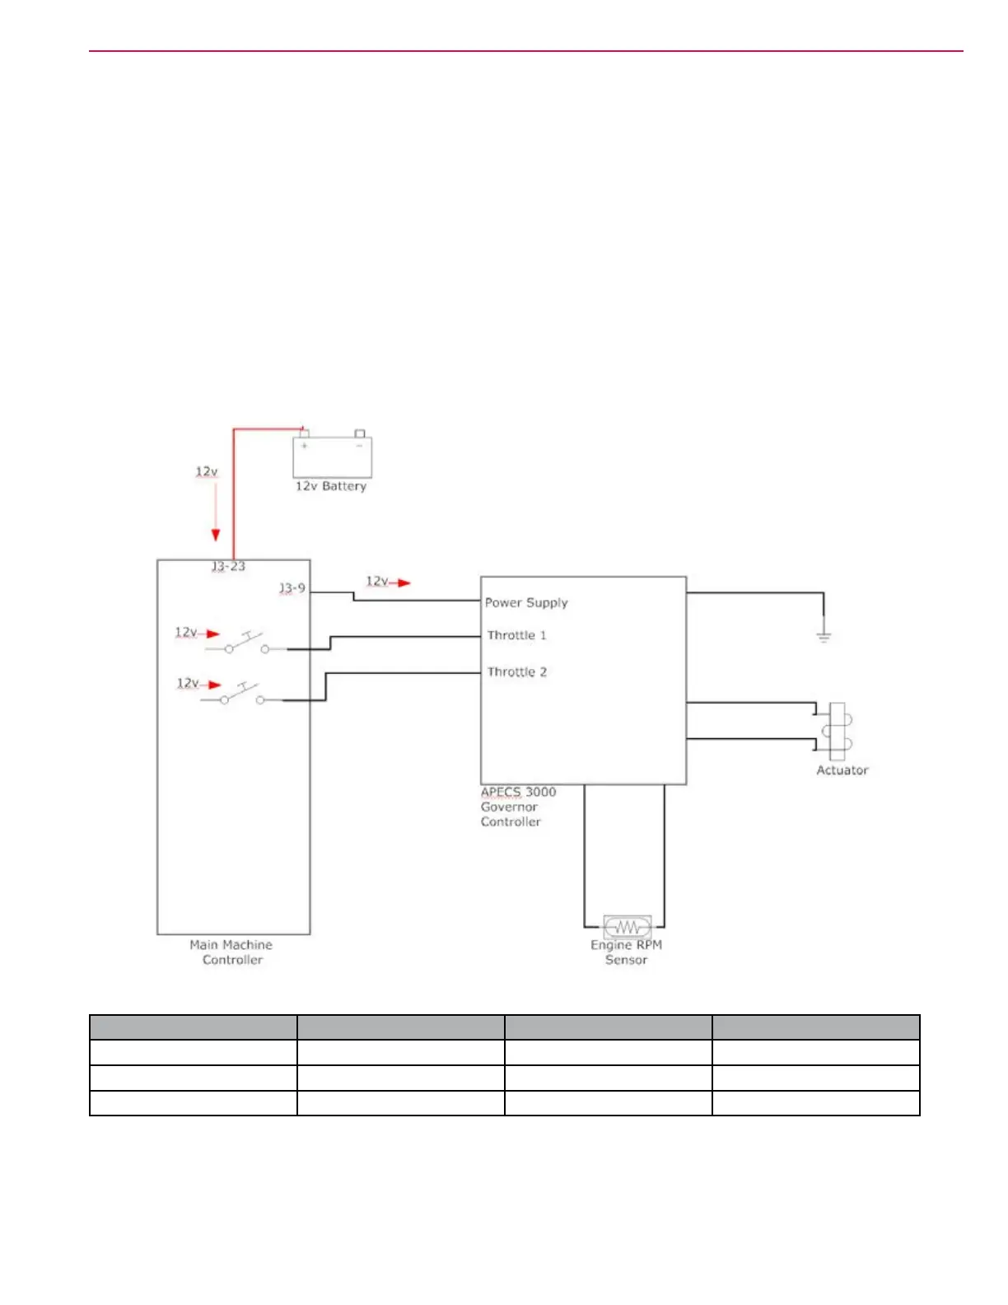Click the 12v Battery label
point(331,486)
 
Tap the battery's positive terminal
point(304,434)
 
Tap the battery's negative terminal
point(360,434)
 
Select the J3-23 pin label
point(228,567)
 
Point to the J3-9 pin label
point(292,588)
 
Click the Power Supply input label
point(526,602)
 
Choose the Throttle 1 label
point(516,635)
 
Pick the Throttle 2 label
point(516,672)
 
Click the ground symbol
point(824,636)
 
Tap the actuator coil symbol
point(838,731)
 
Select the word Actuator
point(842,770)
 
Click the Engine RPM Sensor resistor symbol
point(628,928)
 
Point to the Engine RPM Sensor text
point(626,952)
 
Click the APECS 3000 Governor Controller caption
point(518,807)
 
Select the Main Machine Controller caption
point(231,952)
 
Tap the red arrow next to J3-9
point(402,582)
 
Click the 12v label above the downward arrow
point(207,472)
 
